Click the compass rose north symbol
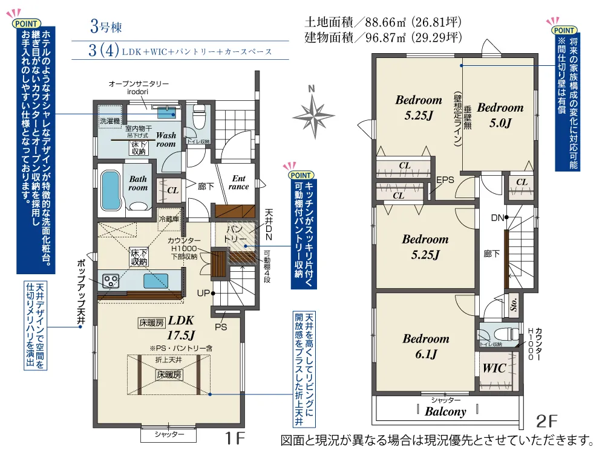(x=312, y=112)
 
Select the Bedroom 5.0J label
(x=500, y=115)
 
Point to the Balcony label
(x=445, y=411)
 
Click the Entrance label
(x=239, y=182)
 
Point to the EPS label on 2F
(x=445, y=180)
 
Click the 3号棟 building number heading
(x=107, y=26)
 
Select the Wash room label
(x=166, y=140)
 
